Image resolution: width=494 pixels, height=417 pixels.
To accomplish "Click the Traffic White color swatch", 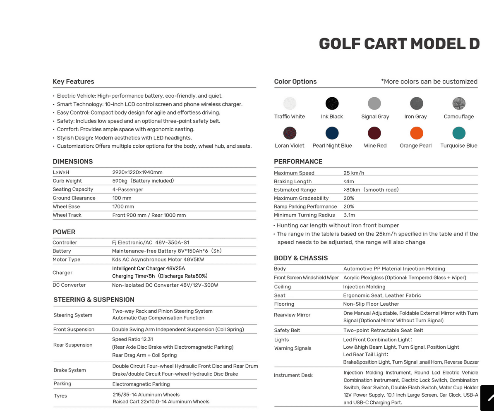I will coord(290,103).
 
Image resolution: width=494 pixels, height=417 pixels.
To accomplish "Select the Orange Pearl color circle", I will coord(416,133).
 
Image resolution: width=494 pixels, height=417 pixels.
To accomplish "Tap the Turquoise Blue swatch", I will coord(459,133).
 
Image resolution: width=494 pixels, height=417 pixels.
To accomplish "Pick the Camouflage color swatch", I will coord(459,103).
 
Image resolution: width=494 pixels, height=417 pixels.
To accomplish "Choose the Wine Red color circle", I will coord(374,133).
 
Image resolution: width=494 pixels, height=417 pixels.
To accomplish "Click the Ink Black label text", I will coord(332,117).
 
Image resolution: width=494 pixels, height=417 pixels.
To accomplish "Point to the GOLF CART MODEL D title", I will coord(399,44).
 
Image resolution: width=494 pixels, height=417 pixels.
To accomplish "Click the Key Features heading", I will coord(73,81).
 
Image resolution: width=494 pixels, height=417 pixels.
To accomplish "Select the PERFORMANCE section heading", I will coord(298,161).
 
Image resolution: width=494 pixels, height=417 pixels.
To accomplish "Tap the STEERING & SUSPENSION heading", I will coord(94,300).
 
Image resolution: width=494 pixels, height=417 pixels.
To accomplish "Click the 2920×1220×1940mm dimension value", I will coord(137,172).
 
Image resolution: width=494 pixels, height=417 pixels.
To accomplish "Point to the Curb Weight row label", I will coord(67,181).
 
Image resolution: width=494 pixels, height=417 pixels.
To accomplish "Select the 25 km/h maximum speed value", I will coord(354,173).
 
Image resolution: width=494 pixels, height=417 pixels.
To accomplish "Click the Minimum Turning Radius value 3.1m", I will coord(349,215).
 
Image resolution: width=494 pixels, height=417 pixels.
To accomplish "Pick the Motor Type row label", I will coord(66,259).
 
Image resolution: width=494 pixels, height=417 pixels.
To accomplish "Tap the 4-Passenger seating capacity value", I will coord(128,189).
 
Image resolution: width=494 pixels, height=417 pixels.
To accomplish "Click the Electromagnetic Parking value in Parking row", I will coord(141,384).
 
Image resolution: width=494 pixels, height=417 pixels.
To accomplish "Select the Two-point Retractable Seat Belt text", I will coord(383,330).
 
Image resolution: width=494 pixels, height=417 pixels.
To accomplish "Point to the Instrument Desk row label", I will coord(293,375).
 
